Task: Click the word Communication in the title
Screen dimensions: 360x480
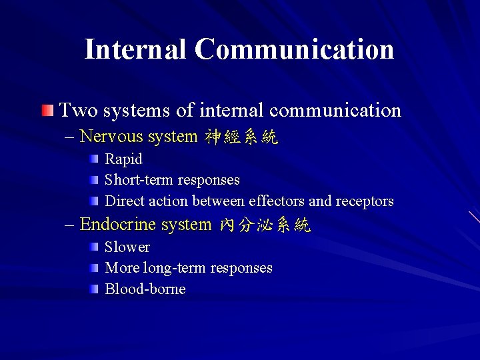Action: point(295,49)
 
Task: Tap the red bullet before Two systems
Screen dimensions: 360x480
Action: point(47,109)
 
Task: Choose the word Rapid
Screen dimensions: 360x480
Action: point(124,159)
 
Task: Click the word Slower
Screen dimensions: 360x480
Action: point(127,247)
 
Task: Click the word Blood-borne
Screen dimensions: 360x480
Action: point(145,289)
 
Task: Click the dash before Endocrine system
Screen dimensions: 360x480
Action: point(70,225)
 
